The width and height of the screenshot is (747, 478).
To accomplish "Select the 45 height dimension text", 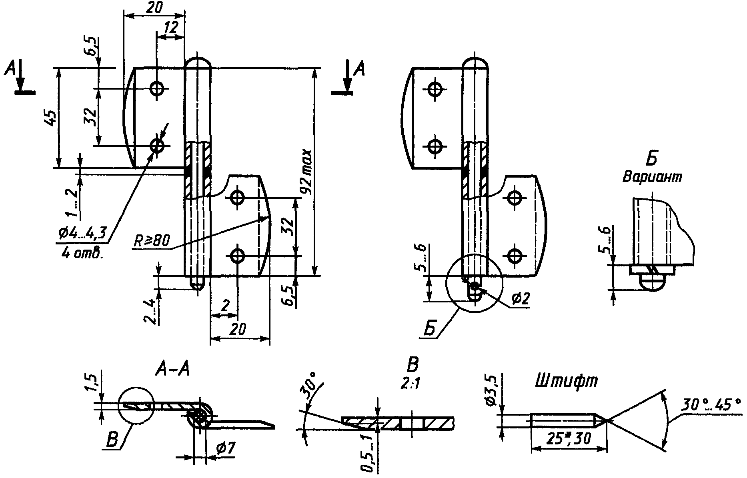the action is click(51, 119).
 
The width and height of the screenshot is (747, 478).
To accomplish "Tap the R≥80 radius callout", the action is click(151, 241).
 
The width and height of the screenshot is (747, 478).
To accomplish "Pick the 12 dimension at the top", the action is click(170, 28).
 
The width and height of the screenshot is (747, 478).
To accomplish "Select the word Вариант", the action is click(652, 177).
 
